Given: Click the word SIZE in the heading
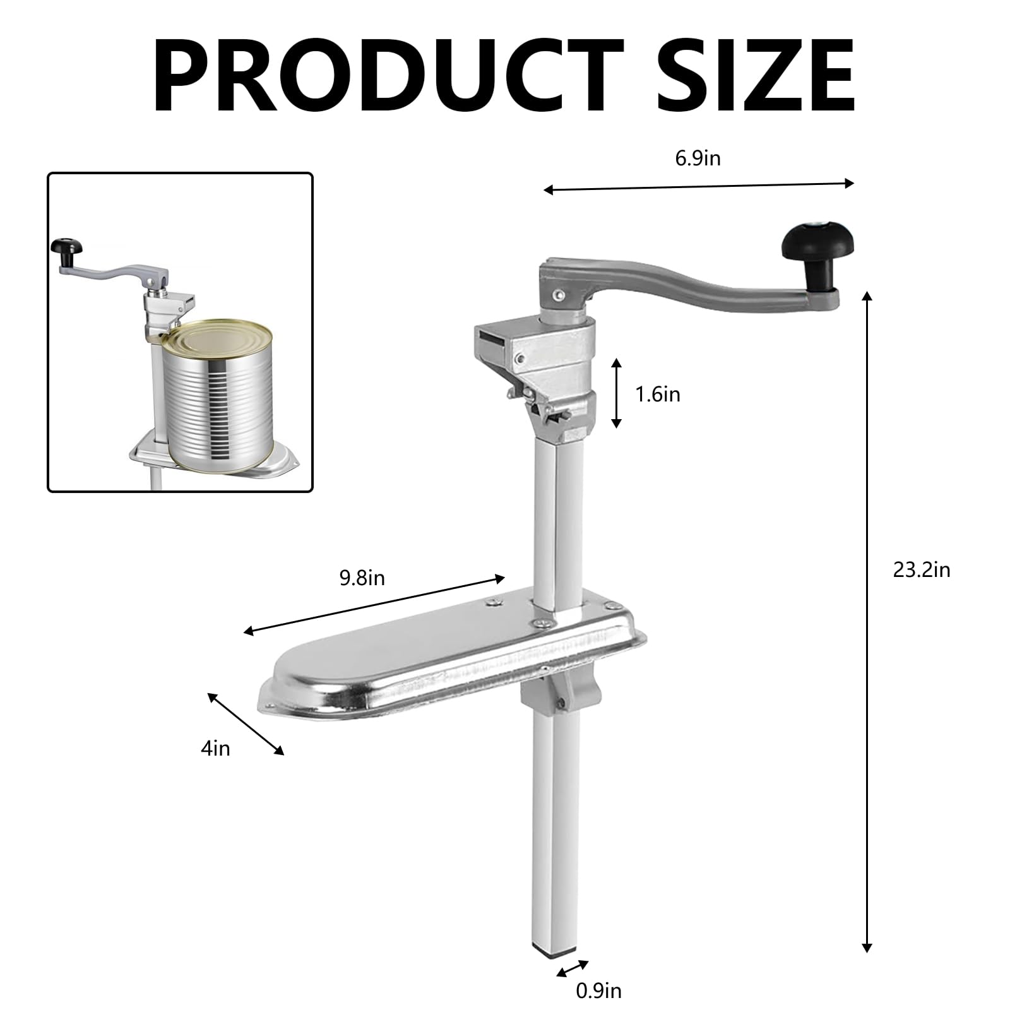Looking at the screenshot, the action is (x=756, y=74).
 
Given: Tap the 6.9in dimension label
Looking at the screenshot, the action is (x=698, y=158).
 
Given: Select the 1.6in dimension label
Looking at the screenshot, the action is (x=658, y=395).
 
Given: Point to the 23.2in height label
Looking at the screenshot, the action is (x=922, y=570).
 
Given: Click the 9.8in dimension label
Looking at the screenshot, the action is (x=362, y=578).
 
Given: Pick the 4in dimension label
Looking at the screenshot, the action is (x=215, y=749).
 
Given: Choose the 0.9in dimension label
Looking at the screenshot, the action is (x=598, y=991).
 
